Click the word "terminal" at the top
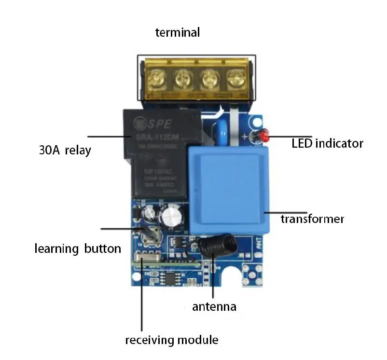pos(177,33)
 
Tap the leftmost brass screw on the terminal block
pos(157,77)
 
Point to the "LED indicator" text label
pos(327,143)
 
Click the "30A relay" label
pos(65,150)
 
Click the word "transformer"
pos(312,219)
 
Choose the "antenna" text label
pos(214,306)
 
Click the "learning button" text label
pos(78,249)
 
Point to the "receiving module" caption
pos(171,340)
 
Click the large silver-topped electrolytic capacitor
pos(171,218)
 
